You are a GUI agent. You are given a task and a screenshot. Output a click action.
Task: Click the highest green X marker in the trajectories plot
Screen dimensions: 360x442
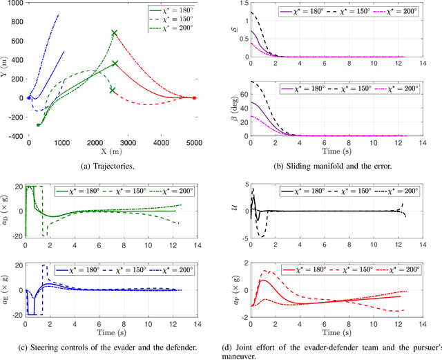coord(115,32)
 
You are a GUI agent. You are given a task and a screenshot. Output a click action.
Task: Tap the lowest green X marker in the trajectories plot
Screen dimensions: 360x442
coord(113,90)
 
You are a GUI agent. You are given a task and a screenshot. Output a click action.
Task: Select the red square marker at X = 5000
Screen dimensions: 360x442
coord(195,98)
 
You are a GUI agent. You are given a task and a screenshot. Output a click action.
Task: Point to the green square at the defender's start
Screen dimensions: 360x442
coord(38,125)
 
